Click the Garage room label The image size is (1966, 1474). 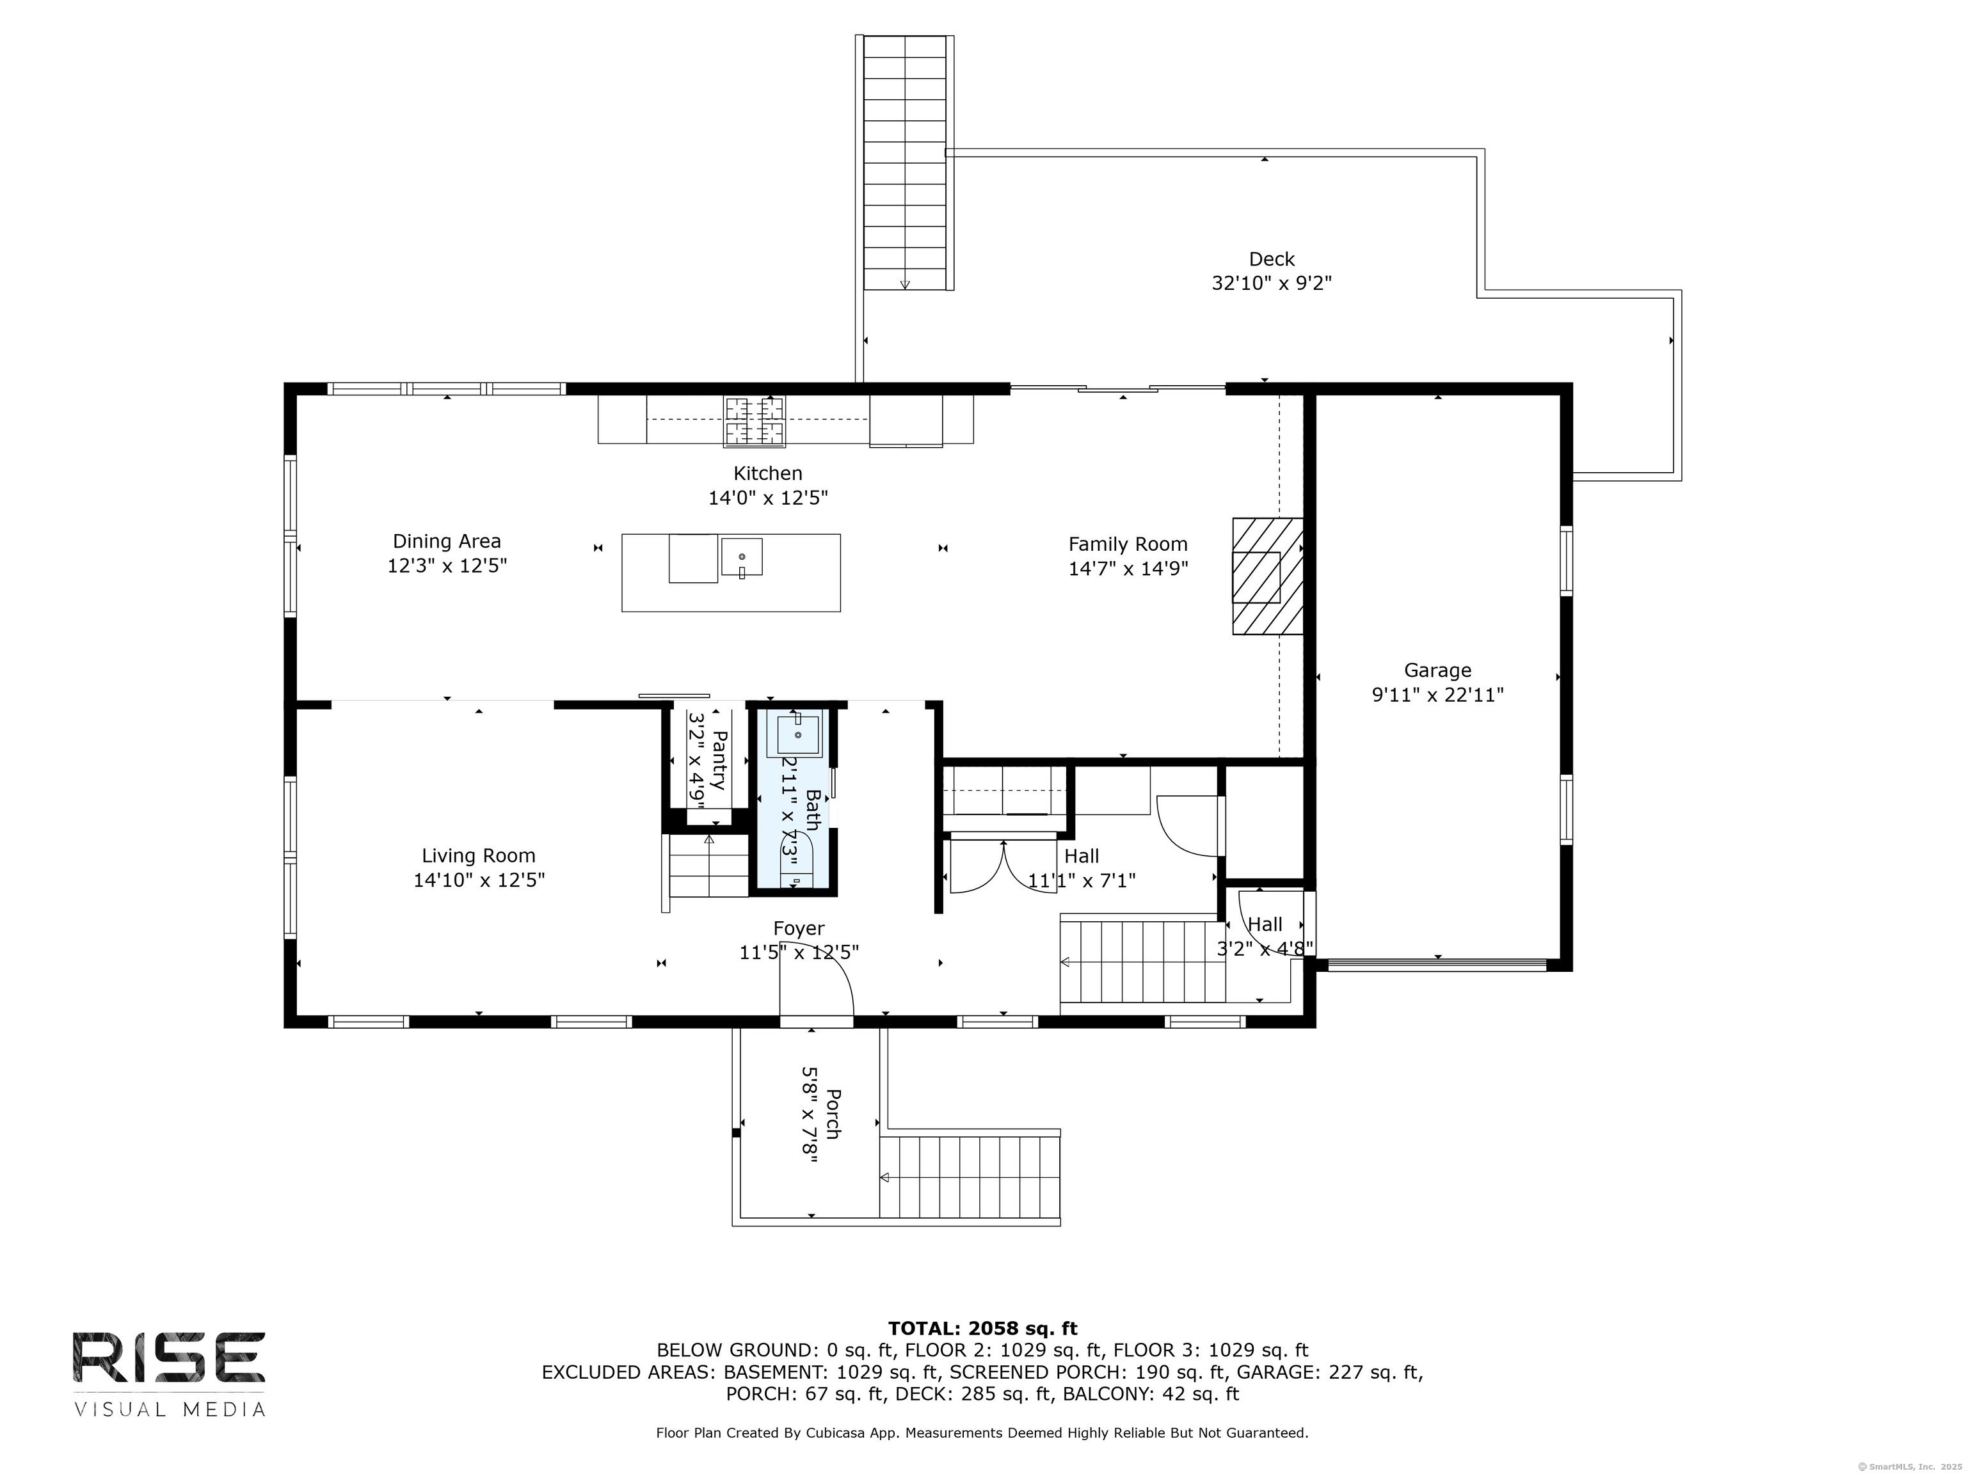[x=1437, y=671]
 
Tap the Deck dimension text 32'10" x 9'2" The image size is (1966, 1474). [x=1271, y=283]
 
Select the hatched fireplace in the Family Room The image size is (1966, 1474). [x=1267, y=576]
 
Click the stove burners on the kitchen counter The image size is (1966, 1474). [x=755, y=421]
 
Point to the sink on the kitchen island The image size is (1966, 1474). [x=741, y=558]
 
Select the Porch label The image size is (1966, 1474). [x=833, y=1114]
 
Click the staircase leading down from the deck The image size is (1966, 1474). [x=905, y=162]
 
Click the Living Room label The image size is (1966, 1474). [x=478, y=855]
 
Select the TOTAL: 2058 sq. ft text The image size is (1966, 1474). [x=982, y=1328]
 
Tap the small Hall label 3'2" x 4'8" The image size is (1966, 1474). [x=1265, y=949]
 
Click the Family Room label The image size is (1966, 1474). [x=1127, y=544]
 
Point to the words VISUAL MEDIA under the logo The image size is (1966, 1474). [x=169, y=1409]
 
